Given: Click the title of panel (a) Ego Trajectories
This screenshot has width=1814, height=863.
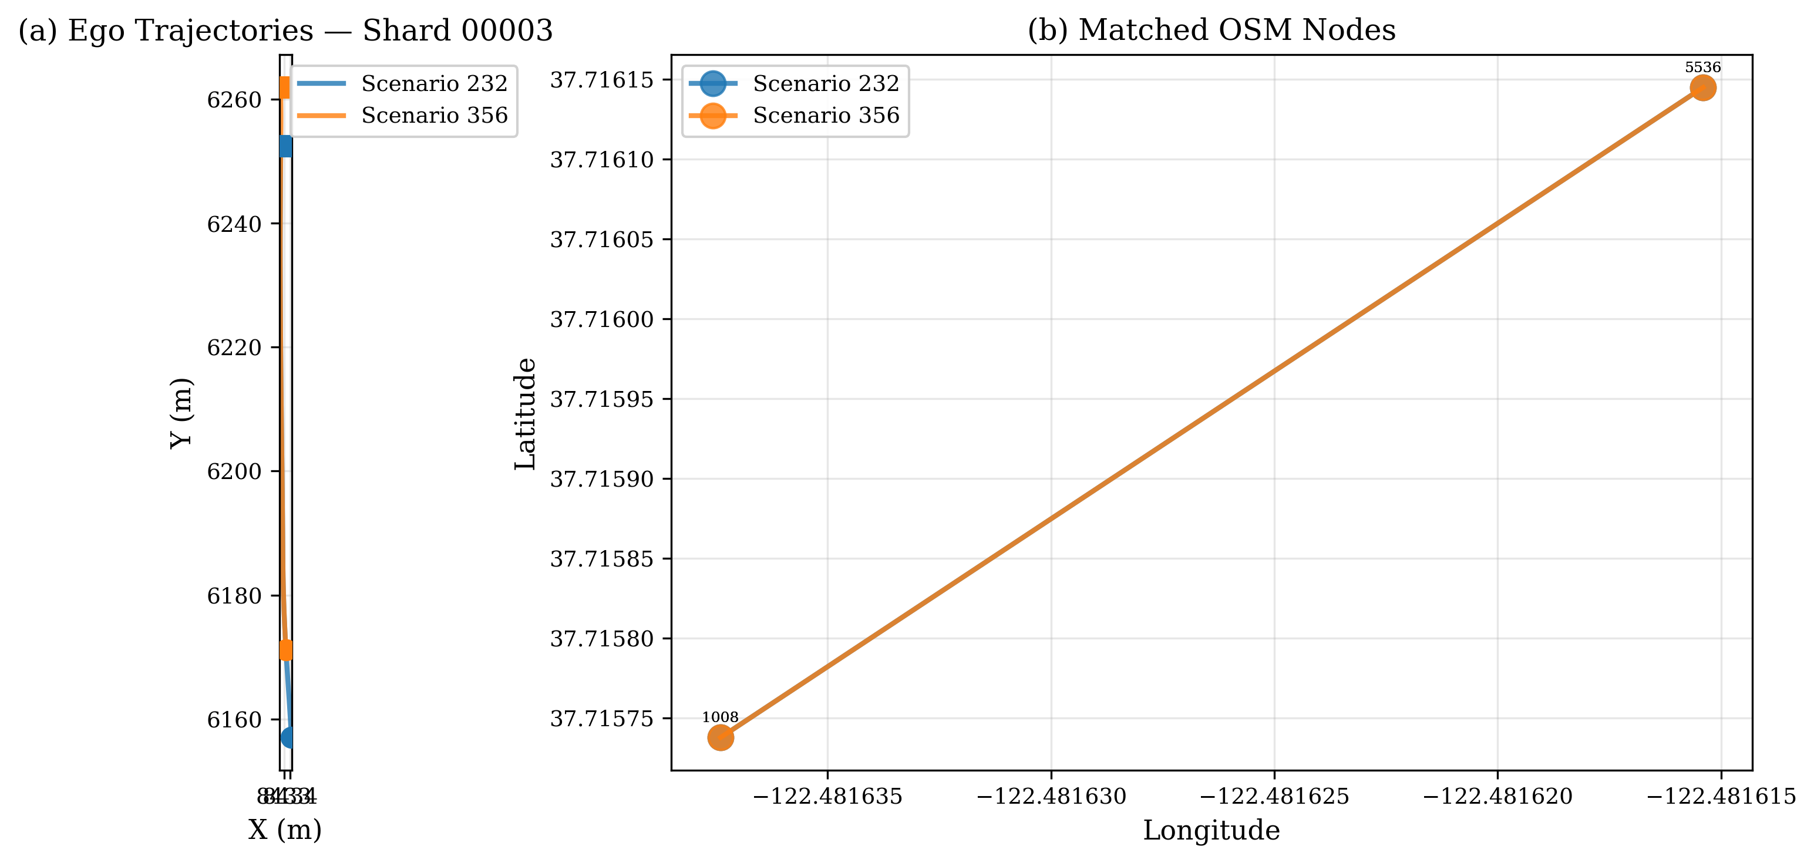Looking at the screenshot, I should [x=285, y=31].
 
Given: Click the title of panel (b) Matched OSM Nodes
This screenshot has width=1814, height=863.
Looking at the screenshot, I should [x=1211, y=31].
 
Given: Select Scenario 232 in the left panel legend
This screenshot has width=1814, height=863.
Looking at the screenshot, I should [x=434, y=84].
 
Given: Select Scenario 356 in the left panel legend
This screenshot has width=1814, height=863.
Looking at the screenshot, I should [x=434, y=116].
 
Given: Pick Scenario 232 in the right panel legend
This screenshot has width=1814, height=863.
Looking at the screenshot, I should [x=825, y=84].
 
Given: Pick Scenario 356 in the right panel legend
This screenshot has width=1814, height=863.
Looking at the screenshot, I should [x=825, y=116].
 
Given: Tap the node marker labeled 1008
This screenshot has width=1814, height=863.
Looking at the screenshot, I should [x=721, y=738].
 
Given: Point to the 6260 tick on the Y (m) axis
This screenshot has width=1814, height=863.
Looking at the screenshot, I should [x=234, y=100].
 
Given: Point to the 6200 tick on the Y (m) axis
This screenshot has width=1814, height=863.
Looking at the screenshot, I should [x=234, y=471].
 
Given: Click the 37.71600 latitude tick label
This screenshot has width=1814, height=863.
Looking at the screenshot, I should [x=601, y=319].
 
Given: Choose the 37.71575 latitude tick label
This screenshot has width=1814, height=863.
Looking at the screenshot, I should [x=601, y=719].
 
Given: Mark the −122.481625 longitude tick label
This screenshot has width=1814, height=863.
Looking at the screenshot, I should [x=1274, y=797].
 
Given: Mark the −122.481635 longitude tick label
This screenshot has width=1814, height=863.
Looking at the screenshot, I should [x=827, y=797].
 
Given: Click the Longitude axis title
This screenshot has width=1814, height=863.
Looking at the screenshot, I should [x=1211, y=831].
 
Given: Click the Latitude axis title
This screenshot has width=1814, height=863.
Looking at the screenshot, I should [x=526, y=413].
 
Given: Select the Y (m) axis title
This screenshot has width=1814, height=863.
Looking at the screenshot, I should [x=181, y=413].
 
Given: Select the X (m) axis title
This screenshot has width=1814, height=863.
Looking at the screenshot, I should [x=285, y=831].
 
